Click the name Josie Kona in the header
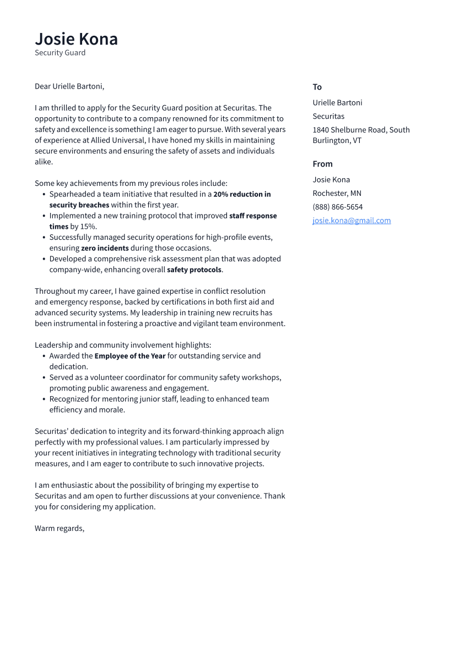pos(76,39)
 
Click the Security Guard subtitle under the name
pos(60,53)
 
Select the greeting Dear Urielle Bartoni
pos(69,86)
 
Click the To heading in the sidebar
pos(317,87)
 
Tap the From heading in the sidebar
pos(322,164)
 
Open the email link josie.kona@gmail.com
pos(352,221)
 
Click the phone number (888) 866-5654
pos(338,207)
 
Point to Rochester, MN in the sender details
pos(337,193)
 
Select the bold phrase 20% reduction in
pos(242,194)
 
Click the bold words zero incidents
pos(105,248)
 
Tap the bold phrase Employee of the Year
pos(130,356)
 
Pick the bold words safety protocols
pos(194,270)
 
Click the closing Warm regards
pos(60,528)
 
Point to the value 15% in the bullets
pos(88,227)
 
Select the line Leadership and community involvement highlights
pos(123,345)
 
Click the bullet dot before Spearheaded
pos(44,194)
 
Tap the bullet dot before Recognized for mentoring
pos(44,399)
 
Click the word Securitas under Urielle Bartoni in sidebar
pos(328,116)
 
